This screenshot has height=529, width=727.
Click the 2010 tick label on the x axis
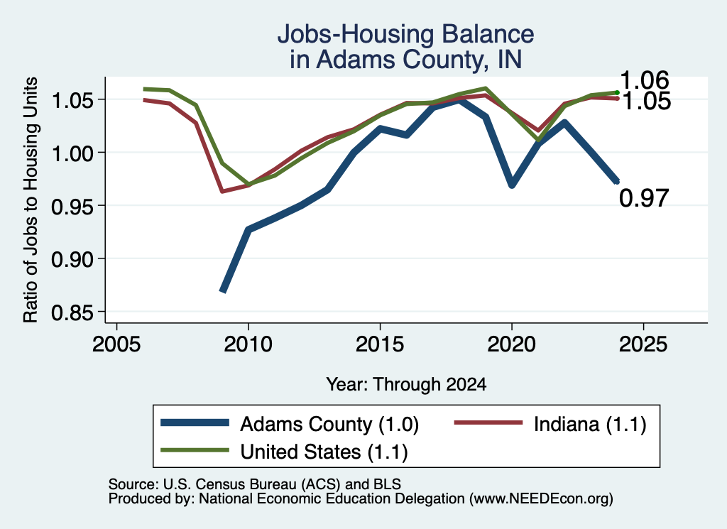248,344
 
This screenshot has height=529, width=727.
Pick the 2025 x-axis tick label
643,344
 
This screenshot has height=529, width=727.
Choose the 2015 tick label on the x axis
380,344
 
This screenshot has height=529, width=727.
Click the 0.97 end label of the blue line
644,198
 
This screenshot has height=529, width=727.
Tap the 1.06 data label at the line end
645,80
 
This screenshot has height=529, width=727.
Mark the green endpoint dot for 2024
617,93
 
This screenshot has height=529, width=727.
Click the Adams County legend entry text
329,424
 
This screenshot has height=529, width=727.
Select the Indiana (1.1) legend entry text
590,424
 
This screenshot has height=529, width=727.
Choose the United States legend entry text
324,452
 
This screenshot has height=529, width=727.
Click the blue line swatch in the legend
195,422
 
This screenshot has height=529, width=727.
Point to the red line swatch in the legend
488,422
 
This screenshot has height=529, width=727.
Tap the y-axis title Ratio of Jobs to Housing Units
31,200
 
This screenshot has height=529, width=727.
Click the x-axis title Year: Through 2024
406,384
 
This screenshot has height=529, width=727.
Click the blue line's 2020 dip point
512,185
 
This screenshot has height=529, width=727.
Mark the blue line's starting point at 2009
222,291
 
